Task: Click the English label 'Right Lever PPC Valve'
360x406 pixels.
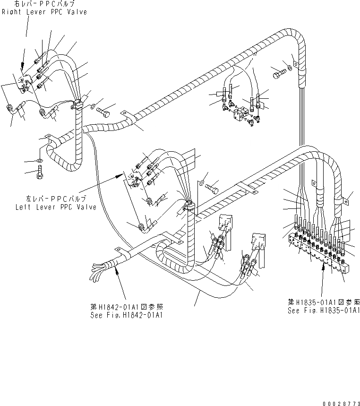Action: click(x=44, y=12)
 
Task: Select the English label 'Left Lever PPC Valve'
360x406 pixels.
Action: click(x=56, y=207)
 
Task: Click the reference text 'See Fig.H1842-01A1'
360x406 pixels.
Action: click(x=127, y=315)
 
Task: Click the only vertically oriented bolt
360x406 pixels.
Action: click(x=40, y=173)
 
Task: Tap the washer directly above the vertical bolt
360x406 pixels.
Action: click(x=39, y=161)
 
